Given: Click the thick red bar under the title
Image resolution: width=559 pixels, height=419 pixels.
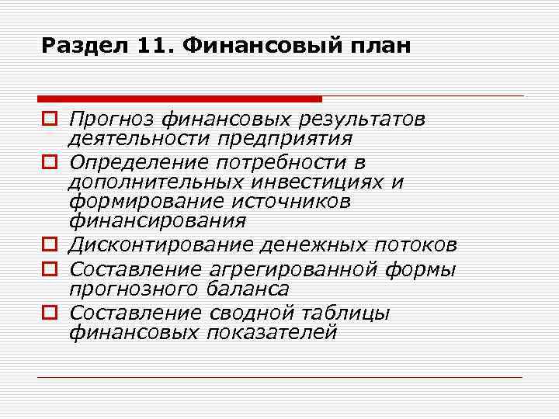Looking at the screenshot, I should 179,99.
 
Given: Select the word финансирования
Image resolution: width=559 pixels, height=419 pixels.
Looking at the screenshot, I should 157,222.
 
